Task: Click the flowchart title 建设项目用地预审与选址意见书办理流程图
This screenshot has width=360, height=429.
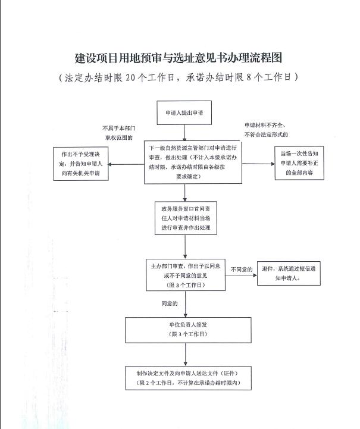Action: (178, 58)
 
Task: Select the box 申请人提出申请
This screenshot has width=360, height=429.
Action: (185, 113)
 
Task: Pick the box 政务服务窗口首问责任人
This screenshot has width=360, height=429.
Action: (185, 218)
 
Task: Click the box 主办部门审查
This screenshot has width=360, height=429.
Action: (185, 274)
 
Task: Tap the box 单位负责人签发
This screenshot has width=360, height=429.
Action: (185, 330)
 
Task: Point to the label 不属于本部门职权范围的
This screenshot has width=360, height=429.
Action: (120, 133)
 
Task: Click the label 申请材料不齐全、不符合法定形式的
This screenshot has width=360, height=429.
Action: (265, 130)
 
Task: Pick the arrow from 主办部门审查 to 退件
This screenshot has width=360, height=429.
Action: (240, 274)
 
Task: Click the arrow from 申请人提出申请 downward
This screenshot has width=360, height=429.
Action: (185, 132)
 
